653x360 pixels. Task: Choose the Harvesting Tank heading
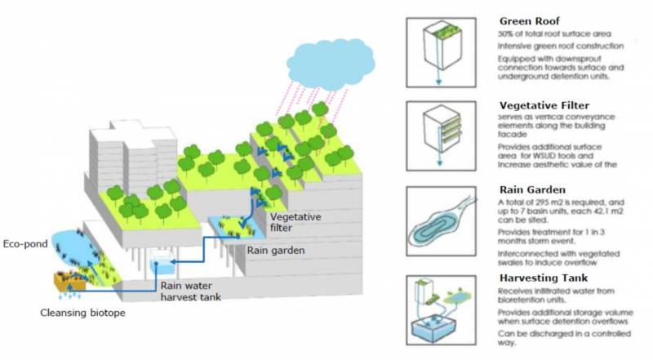coord(542,278)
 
